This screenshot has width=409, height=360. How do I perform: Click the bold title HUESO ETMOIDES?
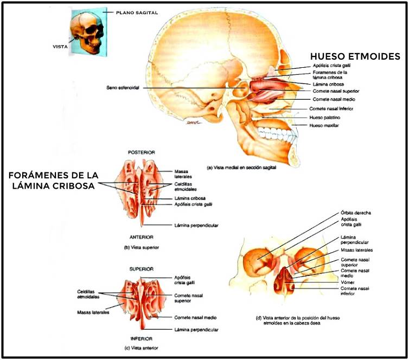(x=355, y=56)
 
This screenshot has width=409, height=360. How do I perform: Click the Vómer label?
(x=348, y=281)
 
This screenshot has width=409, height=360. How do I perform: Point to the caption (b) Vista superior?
(x=140, y=247)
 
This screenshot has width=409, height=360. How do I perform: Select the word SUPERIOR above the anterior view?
(x=141, y=269)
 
